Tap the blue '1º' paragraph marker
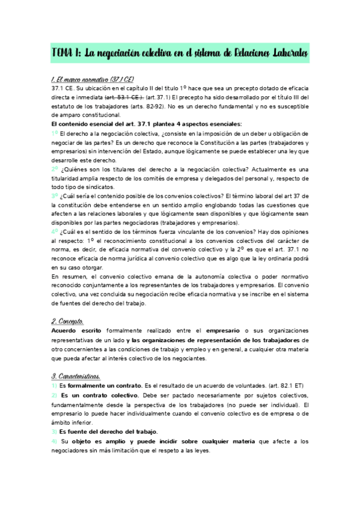(55, 133)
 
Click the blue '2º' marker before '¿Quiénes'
(55, 170)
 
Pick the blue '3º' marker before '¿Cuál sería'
(55, 196)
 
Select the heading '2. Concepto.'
(68, 322)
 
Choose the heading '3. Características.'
(75, 376)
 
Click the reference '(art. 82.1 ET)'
(284, 385)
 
